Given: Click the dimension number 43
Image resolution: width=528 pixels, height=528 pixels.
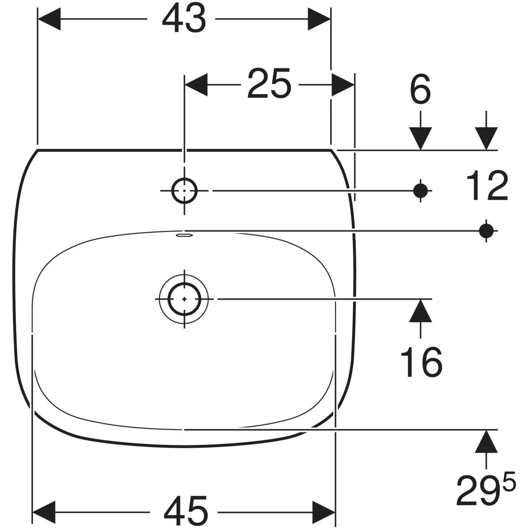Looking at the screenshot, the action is [x=184, y=19].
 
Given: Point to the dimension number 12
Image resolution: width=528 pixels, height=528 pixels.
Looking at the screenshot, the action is [x=487, y=186].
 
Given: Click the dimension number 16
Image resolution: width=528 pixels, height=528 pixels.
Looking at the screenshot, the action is [x=422, y=362].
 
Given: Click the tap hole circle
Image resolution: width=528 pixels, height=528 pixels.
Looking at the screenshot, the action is [x=184, y=191].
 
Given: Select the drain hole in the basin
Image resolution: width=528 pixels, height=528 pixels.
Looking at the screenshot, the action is [x=184, y=299].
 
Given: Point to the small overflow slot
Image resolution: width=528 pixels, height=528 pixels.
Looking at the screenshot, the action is [x=184, y=235].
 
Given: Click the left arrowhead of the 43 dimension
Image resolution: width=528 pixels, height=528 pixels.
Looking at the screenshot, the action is [x=49, y=19].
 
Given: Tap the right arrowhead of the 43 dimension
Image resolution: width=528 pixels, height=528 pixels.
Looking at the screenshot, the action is [x=319, y=19].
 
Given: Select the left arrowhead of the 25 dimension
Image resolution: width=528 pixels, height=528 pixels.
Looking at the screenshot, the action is [x=196, y=84].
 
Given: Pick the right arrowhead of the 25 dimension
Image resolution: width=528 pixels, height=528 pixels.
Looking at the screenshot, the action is [x=343, y=84].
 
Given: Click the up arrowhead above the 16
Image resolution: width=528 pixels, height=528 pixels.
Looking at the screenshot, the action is [x=420, y=311].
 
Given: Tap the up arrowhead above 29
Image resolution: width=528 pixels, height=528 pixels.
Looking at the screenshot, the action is [x=486, y=441].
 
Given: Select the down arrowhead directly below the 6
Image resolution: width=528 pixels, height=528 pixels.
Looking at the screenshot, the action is [x=420, y=139].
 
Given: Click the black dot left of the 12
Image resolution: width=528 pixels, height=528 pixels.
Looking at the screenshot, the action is [x=420, y=191].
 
